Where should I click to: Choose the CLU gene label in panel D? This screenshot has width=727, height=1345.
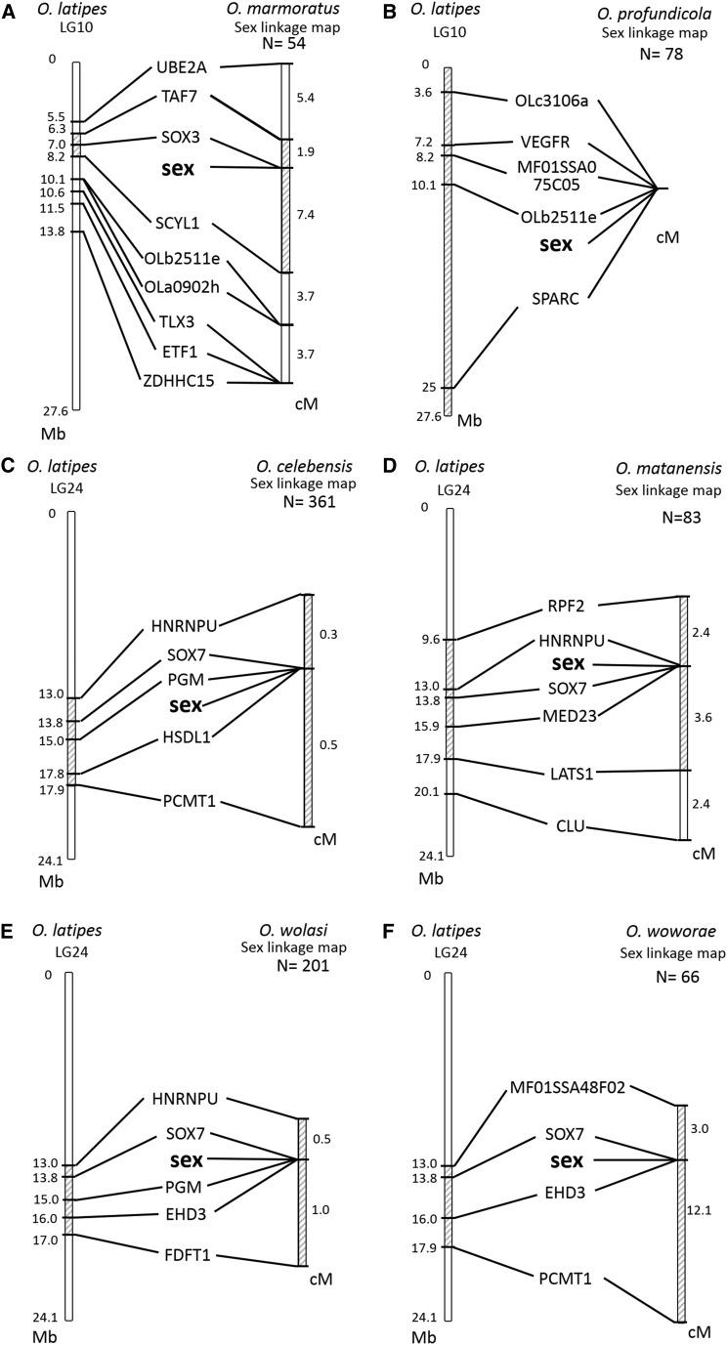pos(569,826)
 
